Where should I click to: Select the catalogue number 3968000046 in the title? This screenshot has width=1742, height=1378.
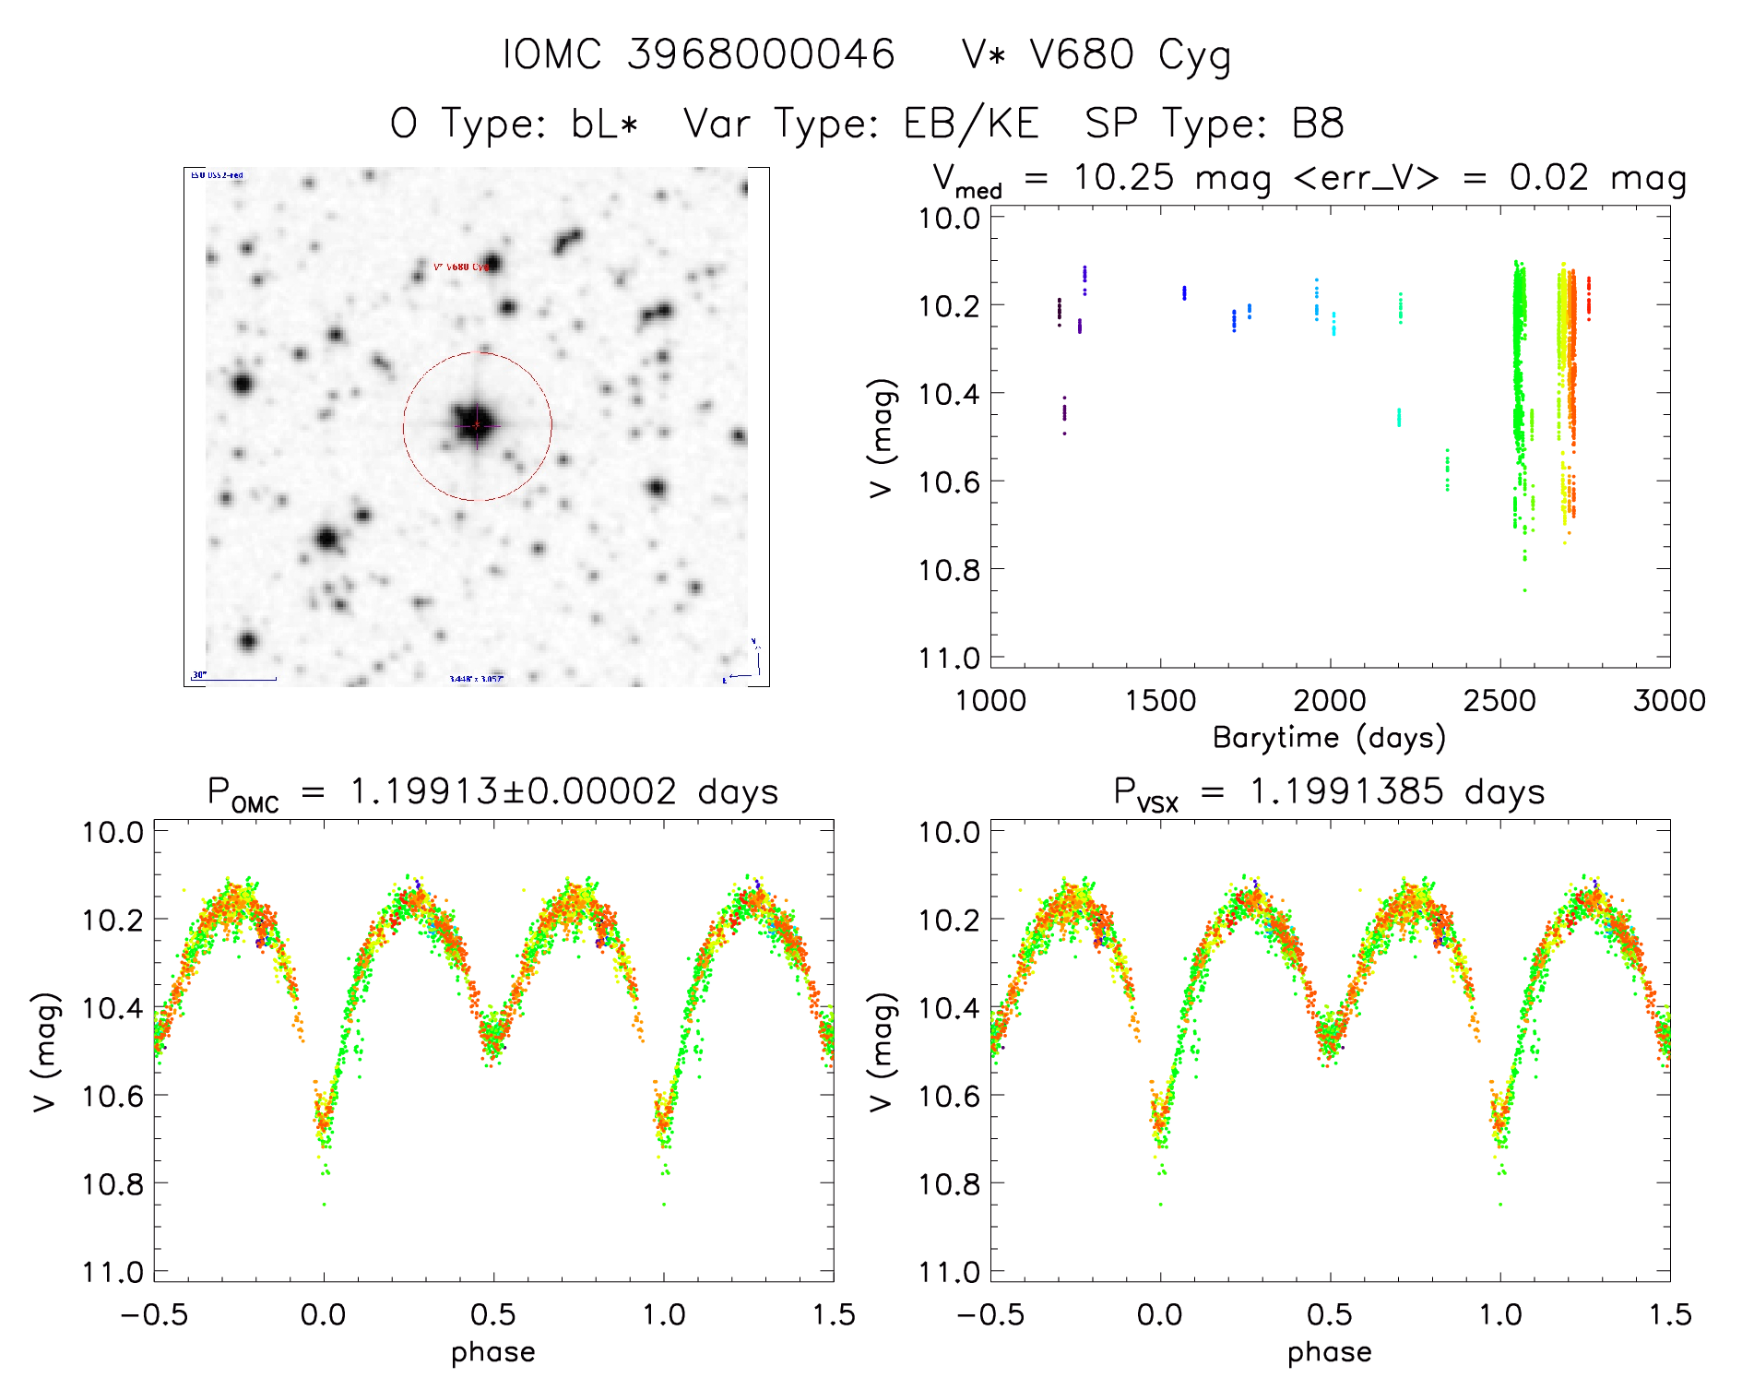point(761,55)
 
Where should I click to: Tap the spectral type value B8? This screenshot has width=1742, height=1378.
point(1319,124)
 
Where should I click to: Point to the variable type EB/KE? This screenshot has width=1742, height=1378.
point(971,124)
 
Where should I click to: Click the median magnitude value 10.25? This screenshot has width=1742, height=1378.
point(1123,178)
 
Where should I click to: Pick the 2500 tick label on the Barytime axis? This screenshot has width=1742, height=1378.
point(1499,700)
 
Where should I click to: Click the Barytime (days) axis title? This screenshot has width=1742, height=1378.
point(1329,738)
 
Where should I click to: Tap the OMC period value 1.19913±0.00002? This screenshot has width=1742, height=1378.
point(513,791)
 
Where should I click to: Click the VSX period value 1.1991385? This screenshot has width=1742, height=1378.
point(1345,791)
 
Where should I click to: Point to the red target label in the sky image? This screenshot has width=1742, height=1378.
point(460,267)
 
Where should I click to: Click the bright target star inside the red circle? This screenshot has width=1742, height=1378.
point(476,424)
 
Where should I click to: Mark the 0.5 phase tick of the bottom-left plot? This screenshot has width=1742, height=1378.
point(493,1314)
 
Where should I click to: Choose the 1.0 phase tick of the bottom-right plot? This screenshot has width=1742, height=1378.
point(1500,1314)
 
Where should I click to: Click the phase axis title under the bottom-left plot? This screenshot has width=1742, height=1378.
point(492,1352)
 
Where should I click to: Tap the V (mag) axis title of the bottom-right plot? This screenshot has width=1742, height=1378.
point(883,1052)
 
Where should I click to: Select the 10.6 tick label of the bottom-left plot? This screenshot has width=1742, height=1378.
point(113,1096)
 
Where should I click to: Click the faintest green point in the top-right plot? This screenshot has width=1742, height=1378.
point(1524,590)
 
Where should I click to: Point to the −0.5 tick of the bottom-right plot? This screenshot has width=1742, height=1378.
point(990,1314)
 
